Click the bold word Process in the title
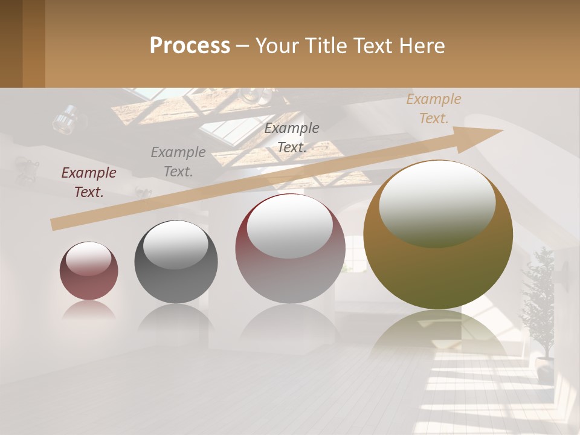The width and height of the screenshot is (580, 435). tap(190, 46)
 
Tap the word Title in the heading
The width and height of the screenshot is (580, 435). tap(324, 46)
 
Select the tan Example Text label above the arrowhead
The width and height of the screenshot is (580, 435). tap(433, 109)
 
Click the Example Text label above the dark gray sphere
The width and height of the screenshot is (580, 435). tap(178, 162)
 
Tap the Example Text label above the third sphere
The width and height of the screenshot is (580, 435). tap(292, 138)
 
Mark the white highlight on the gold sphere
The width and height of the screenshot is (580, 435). tap(437, 202)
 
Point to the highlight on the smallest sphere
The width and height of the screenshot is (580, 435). tap(88, 259)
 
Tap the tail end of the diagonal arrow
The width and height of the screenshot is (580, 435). tap(54, 224)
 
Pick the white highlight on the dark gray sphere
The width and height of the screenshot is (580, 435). tap(175, 244)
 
